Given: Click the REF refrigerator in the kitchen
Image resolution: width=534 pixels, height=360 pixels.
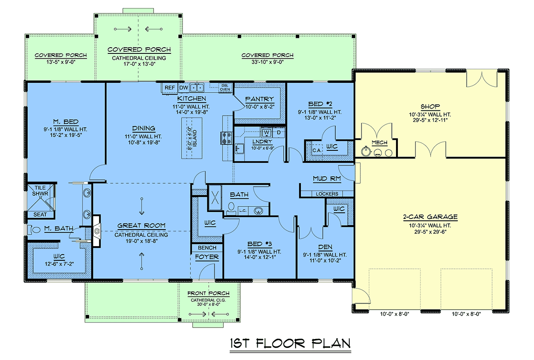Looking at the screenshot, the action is click(x=170, y=88).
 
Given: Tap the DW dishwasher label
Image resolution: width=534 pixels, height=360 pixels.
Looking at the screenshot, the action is click(x=183, y=88).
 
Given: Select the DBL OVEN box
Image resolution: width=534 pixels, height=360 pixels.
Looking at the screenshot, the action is click(x=225, y=88).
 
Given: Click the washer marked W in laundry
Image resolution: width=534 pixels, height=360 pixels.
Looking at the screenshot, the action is click(x=267, y=132).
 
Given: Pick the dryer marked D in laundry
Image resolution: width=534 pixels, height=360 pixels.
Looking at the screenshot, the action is click(x=279, y=132).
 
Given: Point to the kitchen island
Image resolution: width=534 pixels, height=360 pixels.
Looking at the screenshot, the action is click(x=192, y=138).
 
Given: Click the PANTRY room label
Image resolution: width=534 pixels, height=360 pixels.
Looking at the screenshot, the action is click(x=259, y=99).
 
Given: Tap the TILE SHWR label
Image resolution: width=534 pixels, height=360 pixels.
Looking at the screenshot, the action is click(x=40, y=191).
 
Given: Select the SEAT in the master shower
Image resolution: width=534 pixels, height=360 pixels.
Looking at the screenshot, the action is click(x=40, y=214).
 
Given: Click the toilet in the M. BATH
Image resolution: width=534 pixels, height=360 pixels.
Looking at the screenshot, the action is click(x=34, y=230).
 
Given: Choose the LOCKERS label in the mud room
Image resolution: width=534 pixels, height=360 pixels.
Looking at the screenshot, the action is click(x=327, y=194).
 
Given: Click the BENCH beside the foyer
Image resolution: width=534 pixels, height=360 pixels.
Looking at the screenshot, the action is click(x=207, y=248).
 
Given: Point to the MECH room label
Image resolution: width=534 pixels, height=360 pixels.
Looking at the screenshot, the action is click(x=380, y=142).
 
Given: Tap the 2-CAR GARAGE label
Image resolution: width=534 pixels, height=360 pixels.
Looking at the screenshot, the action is click(x=430, y=217).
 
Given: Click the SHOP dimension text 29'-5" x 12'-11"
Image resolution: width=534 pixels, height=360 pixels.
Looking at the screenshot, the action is click(x=430, y=120).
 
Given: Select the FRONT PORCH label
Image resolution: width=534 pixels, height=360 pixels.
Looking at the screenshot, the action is click(x=208, y=293).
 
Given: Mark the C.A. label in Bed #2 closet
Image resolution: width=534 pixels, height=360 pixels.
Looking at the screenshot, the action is click(x=317, y=150).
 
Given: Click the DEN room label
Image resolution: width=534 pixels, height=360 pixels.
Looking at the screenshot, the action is click(x=325, y=247).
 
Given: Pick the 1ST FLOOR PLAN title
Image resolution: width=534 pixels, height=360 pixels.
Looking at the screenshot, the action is click(x=290, y=344).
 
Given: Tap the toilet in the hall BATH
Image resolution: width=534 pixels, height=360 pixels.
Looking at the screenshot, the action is click(x=231, y=208).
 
